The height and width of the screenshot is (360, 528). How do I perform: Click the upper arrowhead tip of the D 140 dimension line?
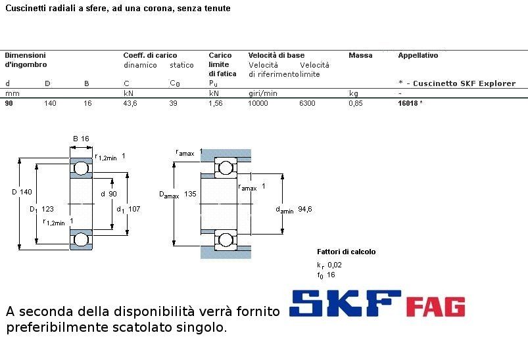[20, 158]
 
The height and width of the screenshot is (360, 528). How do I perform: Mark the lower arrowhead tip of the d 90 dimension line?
[112, 230]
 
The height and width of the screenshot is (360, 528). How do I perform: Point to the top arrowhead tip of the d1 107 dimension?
[127, 173]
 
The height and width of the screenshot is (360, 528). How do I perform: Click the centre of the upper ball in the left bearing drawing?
[81, 168]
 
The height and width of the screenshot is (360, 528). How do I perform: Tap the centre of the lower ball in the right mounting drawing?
[226, 240]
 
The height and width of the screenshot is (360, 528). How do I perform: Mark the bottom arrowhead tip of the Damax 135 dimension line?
[174, 246]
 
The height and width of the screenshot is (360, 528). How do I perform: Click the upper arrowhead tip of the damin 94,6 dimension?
[282, 174]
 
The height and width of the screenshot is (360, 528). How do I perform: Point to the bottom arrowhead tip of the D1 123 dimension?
[37, 244]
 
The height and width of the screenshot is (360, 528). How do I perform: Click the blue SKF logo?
[345, 304]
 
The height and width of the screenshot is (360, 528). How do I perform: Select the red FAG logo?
[436, 307]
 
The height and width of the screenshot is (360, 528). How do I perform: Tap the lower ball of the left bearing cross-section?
[81, 240]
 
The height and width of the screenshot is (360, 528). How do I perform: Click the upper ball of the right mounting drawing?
[226, 168]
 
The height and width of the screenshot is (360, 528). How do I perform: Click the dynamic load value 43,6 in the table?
[130, 103]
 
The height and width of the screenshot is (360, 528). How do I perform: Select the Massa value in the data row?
[356, 103]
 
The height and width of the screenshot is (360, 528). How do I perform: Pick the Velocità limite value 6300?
[307, 103]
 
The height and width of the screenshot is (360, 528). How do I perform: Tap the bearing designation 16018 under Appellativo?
[408, 103]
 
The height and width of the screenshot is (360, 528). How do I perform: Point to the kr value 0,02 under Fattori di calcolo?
[335, 265]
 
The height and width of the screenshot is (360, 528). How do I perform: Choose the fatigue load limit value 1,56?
[216, 103]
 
